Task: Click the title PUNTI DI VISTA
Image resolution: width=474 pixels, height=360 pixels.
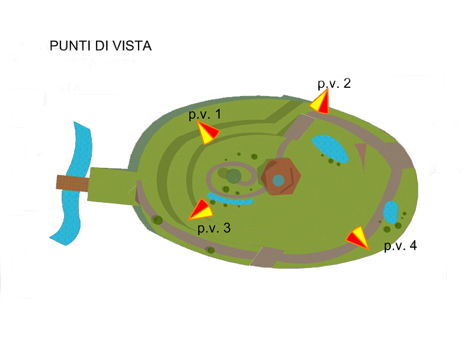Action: pyautogui.click(x=101, y=46)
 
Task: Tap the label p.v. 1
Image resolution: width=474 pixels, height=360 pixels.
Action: pyautogui.click(x=204, y=114)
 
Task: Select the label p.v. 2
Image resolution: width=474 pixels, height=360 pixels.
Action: pyautogui.click(x=334, y=84)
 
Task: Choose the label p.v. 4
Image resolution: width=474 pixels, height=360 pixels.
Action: pyautogui.click(x=401, y=246)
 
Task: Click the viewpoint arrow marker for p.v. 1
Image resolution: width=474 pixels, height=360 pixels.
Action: pyautogui.click(x=207, y=133)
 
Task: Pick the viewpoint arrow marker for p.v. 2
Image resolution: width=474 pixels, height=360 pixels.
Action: pyautogui.click(x=321, y=103)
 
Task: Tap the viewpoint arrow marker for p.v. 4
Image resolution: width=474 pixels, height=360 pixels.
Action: pyautogui.click(x=358, y=237)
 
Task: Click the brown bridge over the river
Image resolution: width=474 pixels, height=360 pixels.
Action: pyautogui.click(x=72, y=183)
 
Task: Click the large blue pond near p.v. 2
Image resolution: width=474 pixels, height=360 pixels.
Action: pyautogui.click(x=329, y=148)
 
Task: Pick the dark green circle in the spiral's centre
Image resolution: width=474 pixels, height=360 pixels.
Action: pyautogui.click(x=233, y=176)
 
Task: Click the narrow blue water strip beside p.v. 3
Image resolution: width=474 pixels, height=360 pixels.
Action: pyautogui.click(x=232, y=200)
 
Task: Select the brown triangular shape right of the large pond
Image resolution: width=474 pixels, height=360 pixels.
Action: pyautogui.click(x=360, y=157)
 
